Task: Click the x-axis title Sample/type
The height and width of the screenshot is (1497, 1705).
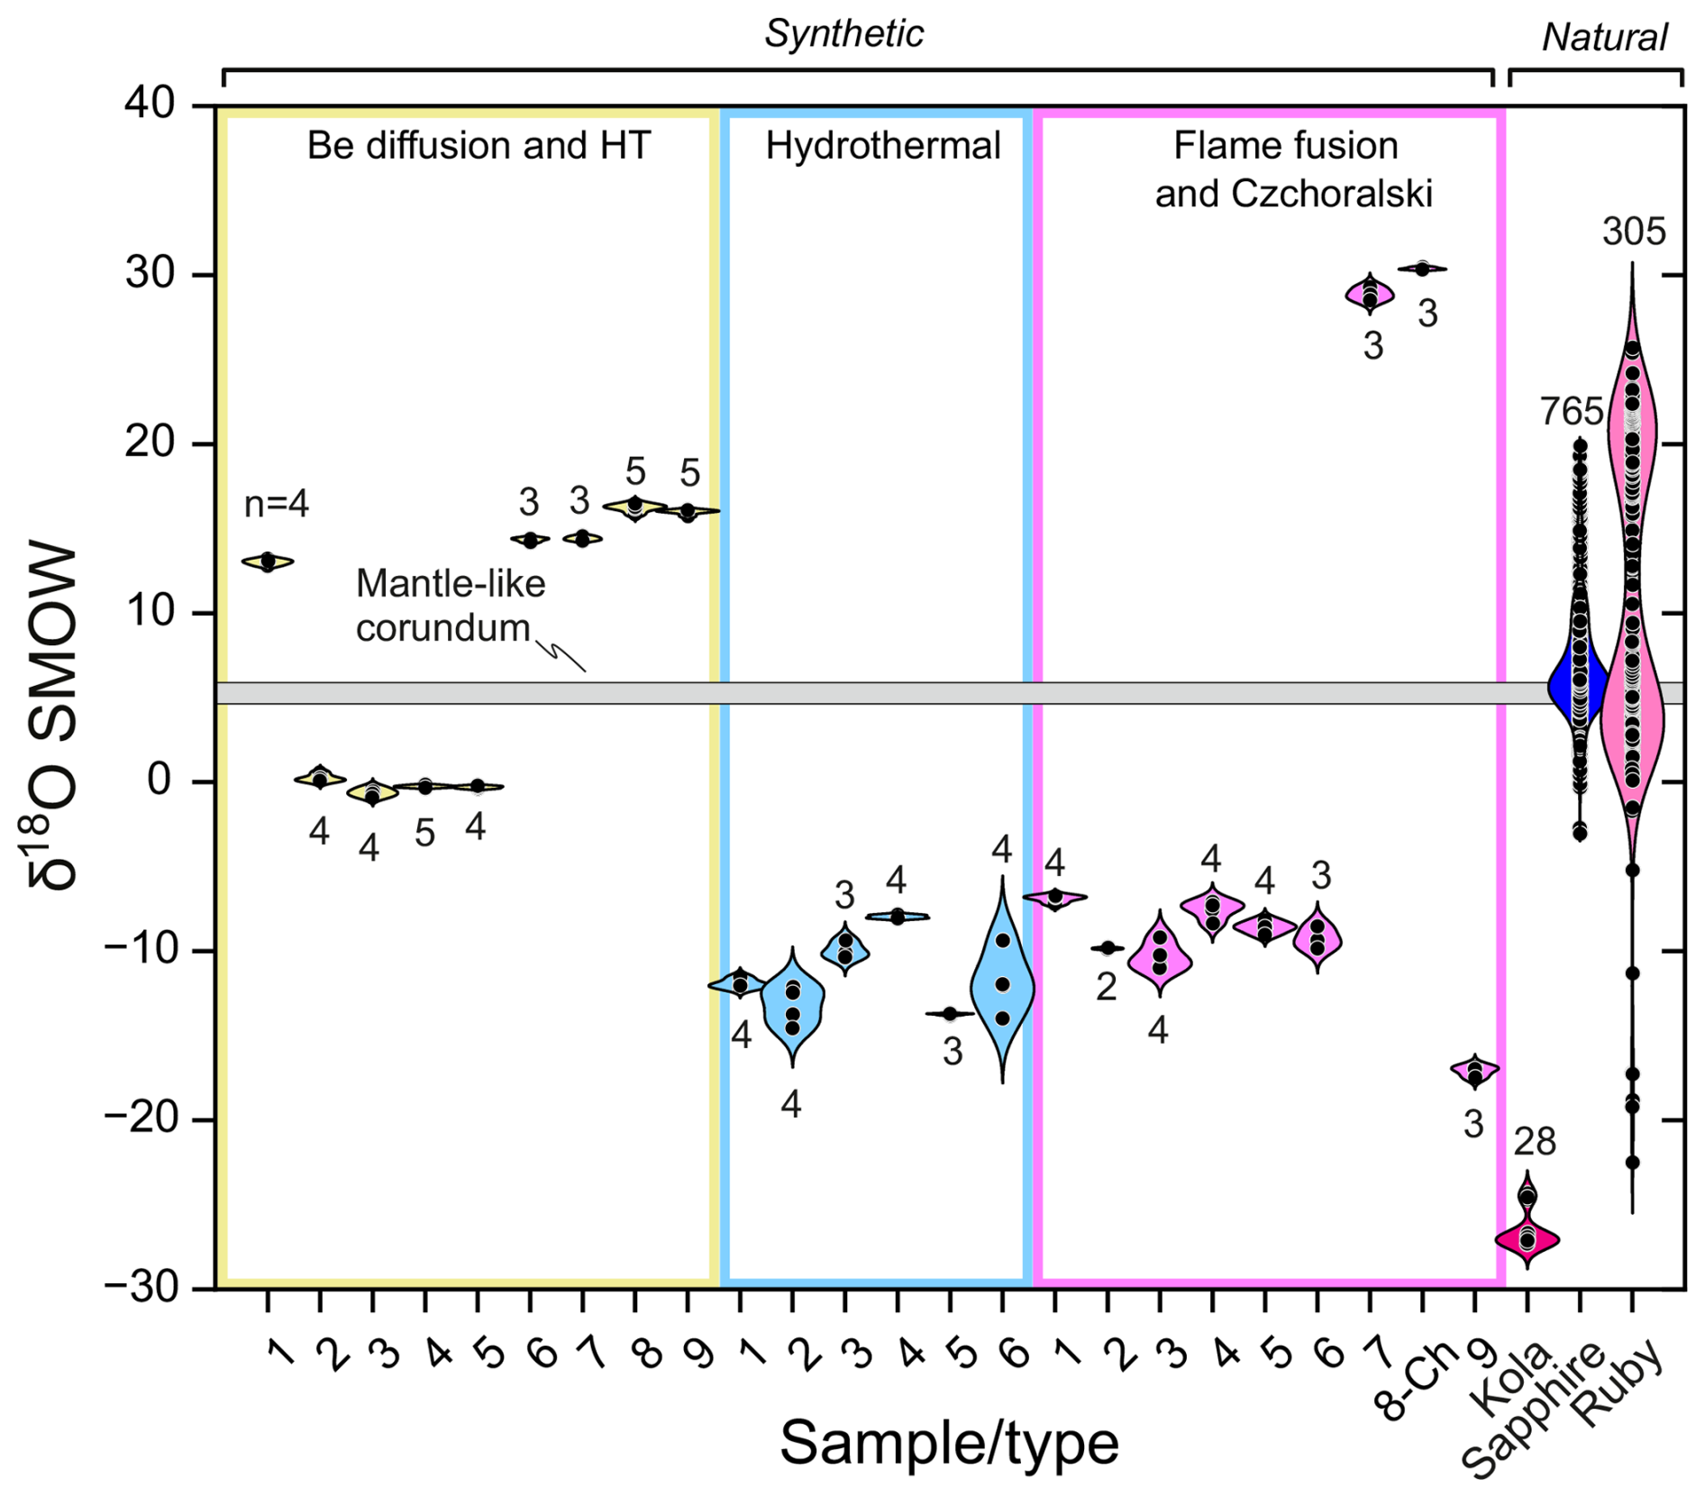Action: click(948, 1443)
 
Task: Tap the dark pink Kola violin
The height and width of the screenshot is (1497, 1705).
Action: click(1527, 1239)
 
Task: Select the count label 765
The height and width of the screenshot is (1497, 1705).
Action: click(1571, 412)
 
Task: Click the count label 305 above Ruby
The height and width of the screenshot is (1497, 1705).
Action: click(1633, 233)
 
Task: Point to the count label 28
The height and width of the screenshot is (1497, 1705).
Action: click(1534, 1143)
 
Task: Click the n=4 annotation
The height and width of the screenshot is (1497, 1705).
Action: click(276, 505)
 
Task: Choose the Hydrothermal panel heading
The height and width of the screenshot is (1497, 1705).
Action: click(882, 146)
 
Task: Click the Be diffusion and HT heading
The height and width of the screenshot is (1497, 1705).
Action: click(479, 146)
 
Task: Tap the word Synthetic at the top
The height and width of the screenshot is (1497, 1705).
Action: click(843, 34)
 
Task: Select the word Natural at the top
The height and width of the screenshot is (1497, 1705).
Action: click(1604, 38)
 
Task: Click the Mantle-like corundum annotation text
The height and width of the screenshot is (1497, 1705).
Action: click(450, 606)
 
